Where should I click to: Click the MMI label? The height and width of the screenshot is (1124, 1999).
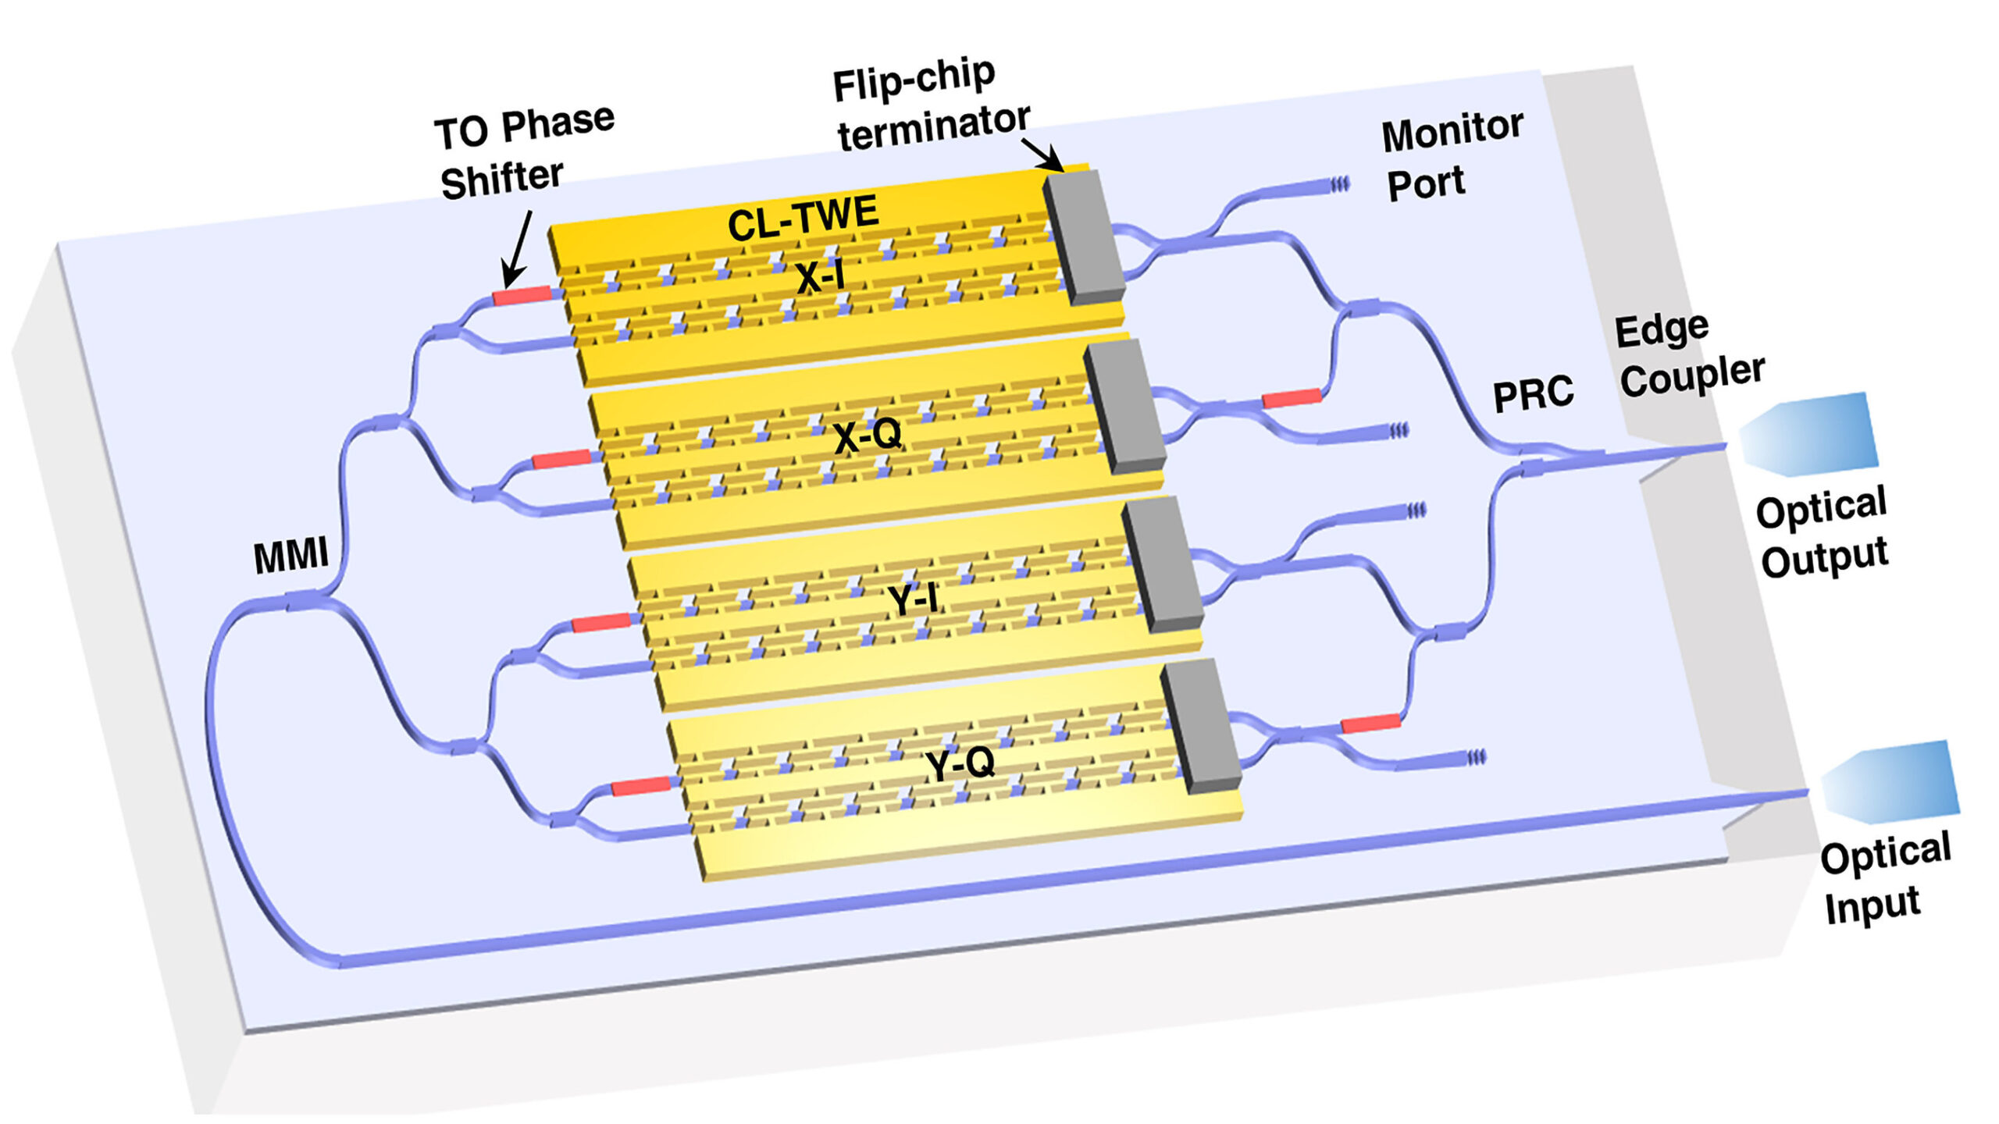290,557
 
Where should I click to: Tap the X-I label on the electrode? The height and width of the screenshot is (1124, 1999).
820,277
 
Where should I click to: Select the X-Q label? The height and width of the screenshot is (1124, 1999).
868,436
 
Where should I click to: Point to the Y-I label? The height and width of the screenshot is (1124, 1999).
912,600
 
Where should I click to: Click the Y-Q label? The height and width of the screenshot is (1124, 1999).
960,764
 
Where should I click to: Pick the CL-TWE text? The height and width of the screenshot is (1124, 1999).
803,219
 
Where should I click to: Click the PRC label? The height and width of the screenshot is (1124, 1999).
1532,395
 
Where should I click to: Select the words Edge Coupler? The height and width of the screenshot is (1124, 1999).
1687,355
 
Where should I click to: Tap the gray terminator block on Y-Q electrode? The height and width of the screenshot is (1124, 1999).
1201,726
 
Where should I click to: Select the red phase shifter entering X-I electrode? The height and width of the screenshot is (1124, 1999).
522,296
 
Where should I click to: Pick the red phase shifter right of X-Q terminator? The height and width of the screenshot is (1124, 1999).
1292,399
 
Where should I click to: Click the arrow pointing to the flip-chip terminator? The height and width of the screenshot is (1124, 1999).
1042,155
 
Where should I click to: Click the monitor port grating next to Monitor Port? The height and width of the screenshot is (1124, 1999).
1338,185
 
